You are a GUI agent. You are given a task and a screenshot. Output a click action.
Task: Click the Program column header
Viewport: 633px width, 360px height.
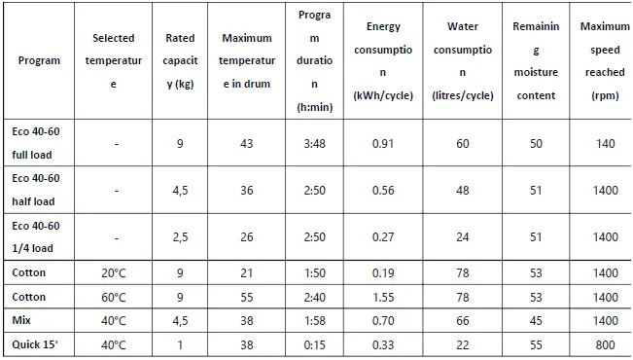click(x=39, y=60)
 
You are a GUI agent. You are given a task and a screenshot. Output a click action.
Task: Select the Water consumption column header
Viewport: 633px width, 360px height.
click(x=462, y=60)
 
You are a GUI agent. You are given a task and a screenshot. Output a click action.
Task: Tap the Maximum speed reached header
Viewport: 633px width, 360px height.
click(x=604, y=60)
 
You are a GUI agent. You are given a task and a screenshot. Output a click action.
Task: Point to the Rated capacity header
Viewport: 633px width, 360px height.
click(x=180, y=60)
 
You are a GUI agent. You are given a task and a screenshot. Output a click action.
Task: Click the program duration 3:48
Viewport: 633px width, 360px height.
click(x=314, y=144)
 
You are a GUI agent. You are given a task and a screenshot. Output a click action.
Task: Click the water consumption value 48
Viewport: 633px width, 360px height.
click(x=462, y=191)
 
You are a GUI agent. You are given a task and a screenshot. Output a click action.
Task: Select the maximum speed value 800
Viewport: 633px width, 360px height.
click(x=606, y=343)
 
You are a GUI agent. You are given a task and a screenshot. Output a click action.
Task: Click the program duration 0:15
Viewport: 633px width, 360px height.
click(x=314, y=343)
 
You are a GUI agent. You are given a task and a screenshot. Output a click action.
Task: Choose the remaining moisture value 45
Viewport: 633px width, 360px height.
click(x=535, y=320)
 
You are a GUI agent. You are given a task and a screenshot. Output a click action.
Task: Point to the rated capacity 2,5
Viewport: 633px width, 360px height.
click(x=180, y=236)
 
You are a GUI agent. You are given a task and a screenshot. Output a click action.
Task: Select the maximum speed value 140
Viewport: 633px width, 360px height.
click(x=606, y=144)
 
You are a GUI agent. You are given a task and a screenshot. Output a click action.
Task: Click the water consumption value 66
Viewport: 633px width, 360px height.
click(x=462, y=320)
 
